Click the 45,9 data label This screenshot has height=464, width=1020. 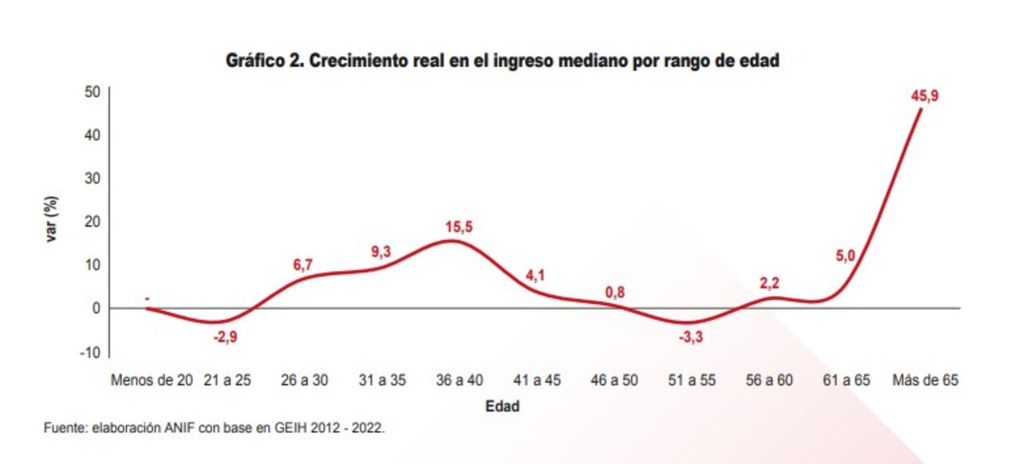[925, 96]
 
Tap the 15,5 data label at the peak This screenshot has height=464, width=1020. [457, 227]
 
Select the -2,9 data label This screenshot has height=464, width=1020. [226, 336]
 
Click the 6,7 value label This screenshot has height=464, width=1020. [304, 263]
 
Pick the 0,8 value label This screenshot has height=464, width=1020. [614, 292]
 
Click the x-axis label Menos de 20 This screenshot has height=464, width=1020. [152, 380]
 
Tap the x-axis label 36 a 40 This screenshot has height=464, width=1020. [459, 380]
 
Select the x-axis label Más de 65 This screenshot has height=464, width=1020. [924, 380]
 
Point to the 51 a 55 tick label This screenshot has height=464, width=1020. [692, 380]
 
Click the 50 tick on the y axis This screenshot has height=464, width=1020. [92, 92]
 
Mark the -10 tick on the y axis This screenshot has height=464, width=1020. [91, 352]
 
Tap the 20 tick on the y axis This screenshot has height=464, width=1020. [92, 222]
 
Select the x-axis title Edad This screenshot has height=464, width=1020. [503, 407]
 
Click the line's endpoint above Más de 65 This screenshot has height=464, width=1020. [922, 109]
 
